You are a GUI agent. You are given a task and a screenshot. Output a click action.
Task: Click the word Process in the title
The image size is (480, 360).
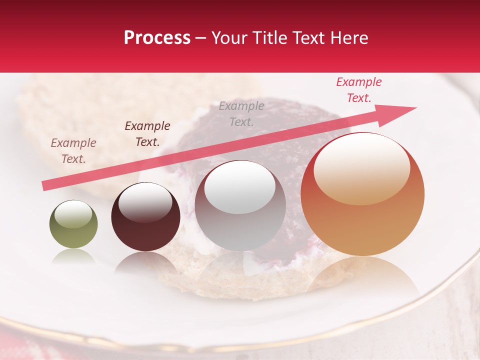pos(157,38)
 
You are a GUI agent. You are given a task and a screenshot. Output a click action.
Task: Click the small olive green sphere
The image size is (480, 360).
pos(73,224)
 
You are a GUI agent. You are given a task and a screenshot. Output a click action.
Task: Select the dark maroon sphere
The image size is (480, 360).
pos(145,217)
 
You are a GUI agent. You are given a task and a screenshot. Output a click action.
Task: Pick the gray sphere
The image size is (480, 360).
pos(240,205)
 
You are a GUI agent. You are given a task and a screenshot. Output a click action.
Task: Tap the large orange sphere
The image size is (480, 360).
pos(362,194)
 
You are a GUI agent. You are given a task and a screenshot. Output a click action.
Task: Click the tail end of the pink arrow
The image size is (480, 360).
pos(45,185)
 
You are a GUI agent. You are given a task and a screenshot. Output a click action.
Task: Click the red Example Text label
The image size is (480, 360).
pos(358,90)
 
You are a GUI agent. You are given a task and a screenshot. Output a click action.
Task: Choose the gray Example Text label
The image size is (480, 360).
pos(241,113)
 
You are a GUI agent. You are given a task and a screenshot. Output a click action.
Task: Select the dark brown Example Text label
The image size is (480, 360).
pos(147,134)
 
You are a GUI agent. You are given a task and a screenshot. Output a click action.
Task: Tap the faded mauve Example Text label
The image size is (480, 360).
pos(73,151)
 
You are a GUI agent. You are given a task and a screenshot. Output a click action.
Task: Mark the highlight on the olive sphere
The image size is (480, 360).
pos(73,214)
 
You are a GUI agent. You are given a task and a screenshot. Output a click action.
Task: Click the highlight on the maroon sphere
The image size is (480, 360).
pos(145,202)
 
